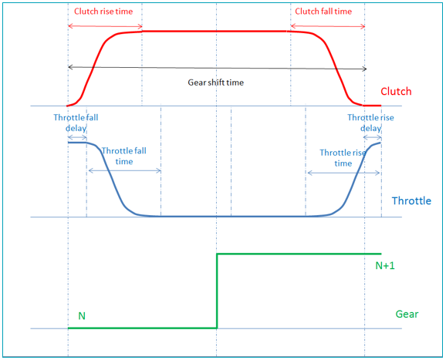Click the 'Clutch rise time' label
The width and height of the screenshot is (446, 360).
(x=103, y=12)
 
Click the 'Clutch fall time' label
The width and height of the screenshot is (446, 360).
(x=323, y=12)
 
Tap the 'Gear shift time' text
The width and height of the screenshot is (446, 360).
(x=215, y=82)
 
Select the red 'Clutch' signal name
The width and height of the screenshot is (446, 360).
(x=396, y=91)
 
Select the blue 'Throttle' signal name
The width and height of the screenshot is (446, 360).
(x=411, y=200)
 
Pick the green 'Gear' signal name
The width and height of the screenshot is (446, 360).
(x=407, y=314)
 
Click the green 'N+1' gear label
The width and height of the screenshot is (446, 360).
(x=385, y=265)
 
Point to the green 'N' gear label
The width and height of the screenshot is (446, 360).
(x=82, y=316)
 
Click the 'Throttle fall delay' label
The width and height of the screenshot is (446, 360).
(x=76, y=123)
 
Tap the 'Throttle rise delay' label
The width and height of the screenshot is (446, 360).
(x=370, y=123)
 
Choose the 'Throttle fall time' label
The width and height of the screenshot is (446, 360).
(x=124, y=156)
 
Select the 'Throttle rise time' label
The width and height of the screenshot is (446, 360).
(x=343, y=158)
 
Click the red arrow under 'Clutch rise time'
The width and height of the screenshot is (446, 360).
(x=105, y=26)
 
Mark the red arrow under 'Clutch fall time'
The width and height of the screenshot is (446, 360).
(x=328, y=26)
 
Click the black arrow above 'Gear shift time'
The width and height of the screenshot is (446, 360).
(x=218, y=68)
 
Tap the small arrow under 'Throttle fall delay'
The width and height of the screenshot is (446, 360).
(x=77, y=137)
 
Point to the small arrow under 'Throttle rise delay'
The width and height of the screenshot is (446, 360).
(x=373, y=137)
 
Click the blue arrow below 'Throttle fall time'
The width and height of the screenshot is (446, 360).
(x=124, y=170)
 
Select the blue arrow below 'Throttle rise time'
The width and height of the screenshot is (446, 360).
(x=343, y=173)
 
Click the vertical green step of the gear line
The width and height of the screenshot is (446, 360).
(x=217, y=291)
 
